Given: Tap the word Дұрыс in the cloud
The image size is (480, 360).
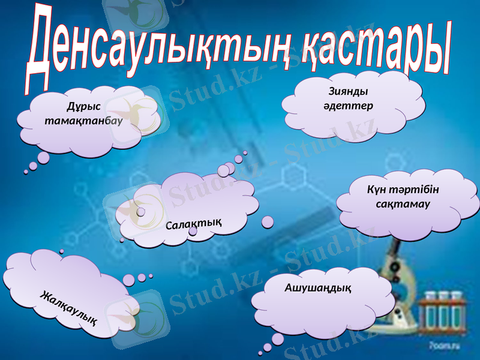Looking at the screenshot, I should (83, 108).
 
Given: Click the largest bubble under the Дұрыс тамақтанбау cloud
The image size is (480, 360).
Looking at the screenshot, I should (43, 157).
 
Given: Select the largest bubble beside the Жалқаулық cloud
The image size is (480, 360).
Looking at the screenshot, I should (128, 280).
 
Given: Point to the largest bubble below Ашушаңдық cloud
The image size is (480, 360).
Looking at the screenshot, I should (277, 339).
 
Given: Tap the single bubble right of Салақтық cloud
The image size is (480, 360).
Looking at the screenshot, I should (268, 222).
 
